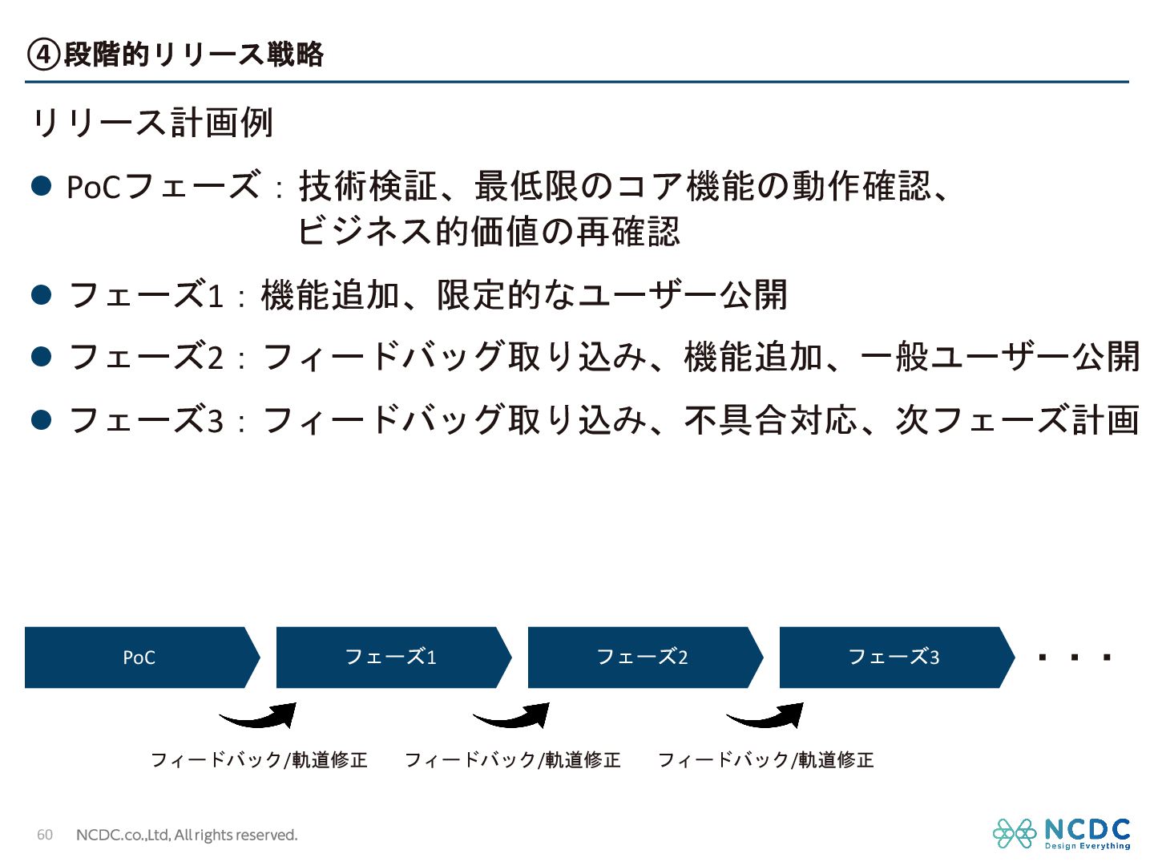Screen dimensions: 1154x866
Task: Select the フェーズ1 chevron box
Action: tap(391, 658)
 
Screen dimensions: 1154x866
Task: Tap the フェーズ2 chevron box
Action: tap(643, 658)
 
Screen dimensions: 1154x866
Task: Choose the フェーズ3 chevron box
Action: tap(894, 658)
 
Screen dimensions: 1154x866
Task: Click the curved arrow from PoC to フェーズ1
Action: tap(259, 716)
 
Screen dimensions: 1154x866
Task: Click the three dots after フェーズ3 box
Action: tap(1074, 658)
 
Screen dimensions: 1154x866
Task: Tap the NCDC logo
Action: tap(1062, 834)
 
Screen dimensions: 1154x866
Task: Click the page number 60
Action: tap(45, 835)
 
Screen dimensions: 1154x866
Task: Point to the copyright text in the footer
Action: tap(187, 835)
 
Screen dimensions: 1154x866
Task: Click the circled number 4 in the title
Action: tap(43, 55)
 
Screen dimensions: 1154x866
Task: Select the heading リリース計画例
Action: tap(152, 123)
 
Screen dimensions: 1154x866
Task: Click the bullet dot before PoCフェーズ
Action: tap(42, 186)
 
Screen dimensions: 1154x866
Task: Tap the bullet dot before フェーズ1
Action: tap(42, 294)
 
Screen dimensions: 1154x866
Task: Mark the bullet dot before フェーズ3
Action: tap(42, 419)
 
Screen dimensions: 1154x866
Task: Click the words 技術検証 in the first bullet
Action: tap(368, 186)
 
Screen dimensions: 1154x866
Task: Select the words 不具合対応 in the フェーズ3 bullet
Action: tap(771, 419)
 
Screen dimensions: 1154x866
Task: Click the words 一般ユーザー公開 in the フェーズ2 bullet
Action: tap(1000, 357)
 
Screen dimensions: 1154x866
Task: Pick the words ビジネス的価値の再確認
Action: tap(489, 232)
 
